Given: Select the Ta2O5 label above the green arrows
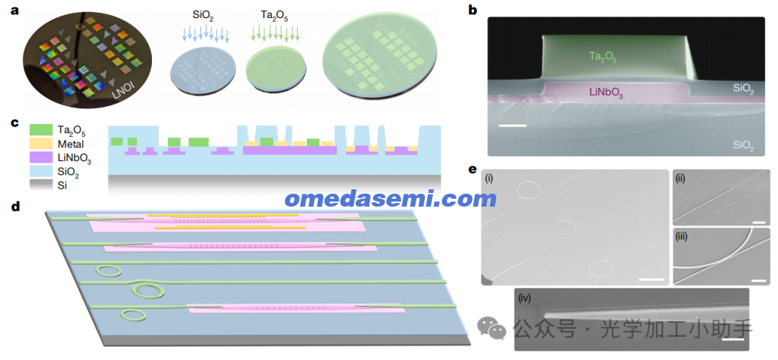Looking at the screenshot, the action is click(x=275, y=19).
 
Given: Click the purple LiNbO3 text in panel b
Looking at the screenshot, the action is click(x=605, y=92).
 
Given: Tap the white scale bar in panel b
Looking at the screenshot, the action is click(x=513, y=125).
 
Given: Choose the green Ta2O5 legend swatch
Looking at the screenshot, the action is click(x=40, y=130).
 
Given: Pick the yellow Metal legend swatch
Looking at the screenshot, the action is click(x=40, y=145).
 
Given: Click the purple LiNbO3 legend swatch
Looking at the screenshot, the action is click(x=40, y=159).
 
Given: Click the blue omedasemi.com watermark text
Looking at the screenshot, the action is click(x=390, y=199).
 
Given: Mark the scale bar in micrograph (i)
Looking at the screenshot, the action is click(x=651, y=279).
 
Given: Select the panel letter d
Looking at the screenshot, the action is click(x=16, y=207).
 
